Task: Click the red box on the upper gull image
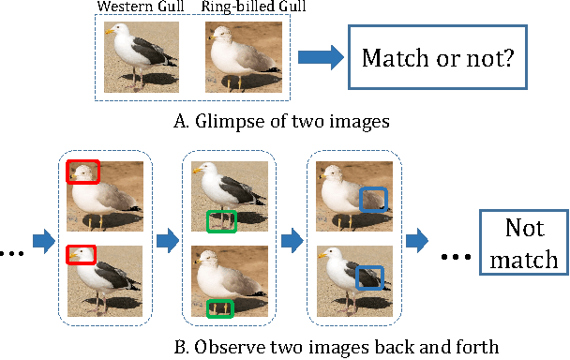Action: pos(82,172)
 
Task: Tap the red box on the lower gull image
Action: pos(82,255)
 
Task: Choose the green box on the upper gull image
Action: pos(221,222)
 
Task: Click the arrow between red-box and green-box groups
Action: pos(167,240)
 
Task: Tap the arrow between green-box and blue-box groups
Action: pos(293,240)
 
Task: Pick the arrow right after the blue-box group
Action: pos(418,240)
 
